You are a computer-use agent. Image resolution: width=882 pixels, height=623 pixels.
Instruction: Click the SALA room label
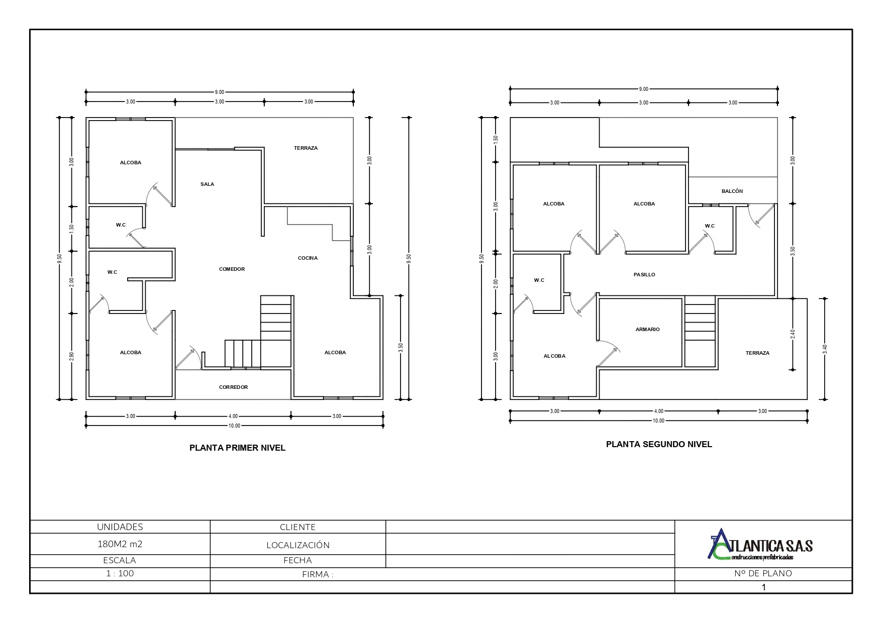point(207,184)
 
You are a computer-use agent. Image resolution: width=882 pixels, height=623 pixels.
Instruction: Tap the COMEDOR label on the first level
point(232,269)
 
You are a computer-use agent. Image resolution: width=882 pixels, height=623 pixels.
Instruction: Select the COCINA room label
point(308,258)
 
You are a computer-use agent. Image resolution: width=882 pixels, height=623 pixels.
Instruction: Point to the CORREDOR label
point(233,387)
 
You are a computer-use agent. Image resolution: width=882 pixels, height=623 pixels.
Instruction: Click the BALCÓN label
point(732,191)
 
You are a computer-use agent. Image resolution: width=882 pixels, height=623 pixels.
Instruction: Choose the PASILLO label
point(644,275)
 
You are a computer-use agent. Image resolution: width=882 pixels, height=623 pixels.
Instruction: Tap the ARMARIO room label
point(647,330)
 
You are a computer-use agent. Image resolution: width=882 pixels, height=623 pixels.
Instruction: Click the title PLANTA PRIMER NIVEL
point(237,448)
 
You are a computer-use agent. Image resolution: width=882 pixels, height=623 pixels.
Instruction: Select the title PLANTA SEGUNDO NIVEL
point(659,444)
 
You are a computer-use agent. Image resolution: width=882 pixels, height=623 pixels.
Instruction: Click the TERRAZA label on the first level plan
point(306,148)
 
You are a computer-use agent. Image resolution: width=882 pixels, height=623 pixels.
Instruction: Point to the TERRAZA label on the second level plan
point(757,353)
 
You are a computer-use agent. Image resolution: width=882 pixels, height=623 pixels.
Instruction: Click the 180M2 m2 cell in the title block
point(120,544)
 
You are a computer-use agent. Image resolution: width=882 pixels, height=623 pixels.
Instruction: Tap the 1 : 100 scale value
point(120,573)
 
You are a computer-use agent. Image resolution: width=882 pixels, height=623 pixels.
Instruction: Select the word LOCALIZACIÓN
point(298,545)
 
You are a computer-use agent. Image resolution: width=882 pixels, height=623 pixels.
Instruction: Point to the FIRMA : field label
point(318,575)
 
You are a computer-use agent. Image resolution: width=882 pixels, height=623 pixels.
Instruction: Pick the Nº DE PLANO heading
point(763,573)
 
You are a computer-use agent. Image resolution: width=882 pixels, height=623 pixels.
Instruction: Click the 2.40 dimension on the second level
point(793,334)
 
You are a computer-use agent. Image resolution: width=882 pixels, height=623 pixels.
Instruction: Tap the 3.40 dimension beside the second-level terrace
point(825,349)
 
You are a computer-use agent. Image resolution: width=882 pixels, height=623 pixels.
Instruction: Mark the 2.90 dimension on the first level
point(71,356)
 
